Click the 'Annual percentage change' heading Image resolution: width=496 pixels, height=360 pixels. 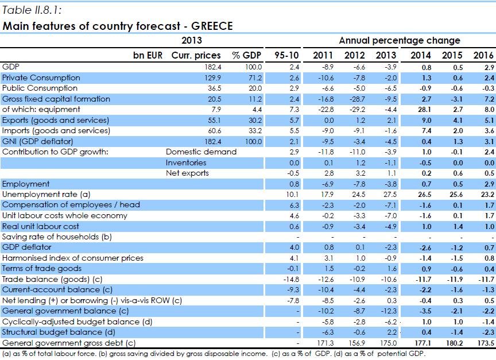coord(399,41)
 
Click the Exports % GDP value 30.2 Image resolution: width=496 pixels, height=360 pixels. coord(253,120)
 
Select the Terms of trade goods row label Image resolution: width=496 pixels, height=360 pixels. coord(41,268)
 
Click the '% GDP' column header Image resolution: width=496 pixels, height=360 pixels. coord(246,55)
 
